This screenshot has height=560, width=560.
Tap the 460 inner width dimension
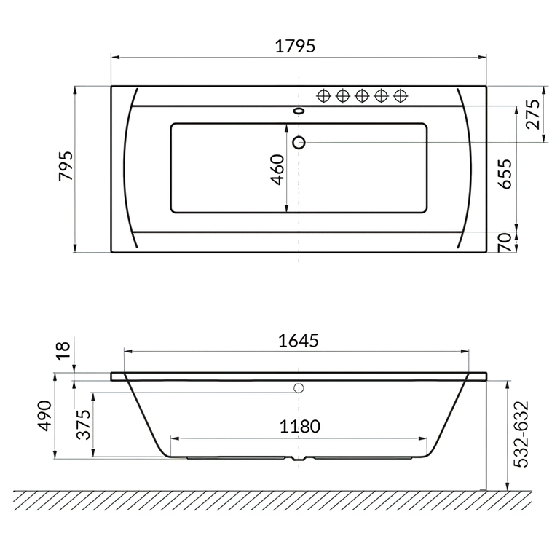tap(277, 170)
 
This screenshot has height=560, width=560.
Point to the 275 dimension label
tap(534, 114)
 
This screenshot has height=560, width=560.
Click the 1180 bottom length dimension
tap(299, 427)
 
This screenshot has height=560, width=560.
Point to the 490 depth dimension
tap(44, 416)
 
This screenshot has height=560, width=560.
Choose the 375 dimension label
tap(83, 424)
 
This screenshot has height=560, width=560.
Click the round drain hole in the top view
tap(299, 142)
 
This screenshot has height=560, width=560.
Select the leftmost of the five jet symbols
tap(324, 95)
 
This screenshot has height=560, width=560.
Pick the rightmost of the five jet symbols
tap(399, 95)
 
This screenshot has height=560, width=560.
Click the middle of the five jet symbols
tap(362, 95)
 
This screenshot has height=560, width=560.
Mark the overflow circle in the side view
tap(299, 388)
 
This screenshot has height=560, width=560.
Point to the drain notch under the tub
tap(299, 461)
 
